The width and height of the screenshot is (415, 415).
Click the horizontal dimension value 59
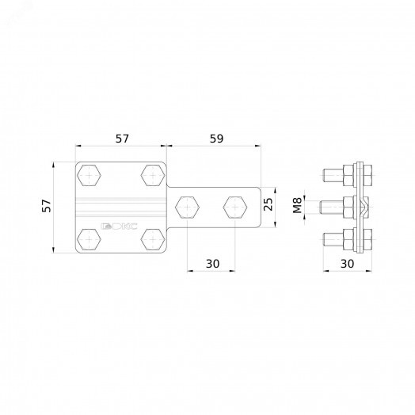click(216, 139)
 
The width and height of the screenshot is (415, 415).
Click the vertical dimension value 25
click(268, 204)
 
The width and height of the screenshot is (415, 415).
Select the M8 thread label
click(297, 205)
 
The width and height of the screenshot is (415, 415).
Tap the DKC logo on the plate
click(120, 226)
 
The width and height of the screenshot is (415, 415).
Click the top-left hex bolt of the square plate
click(89, 175)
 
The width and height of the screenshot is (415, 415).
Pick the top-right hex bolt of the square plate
click(153, 175)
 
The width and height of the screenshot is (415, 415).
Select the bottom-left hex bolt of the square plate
click(89, 239)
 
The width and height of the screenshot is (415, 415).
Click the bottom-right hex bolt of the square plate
click(153, 239)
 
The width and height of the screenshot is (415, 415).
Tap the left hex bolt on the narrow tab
click(187, 207)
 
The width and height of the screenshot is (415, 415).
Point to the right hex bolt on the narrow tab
click(235, 207)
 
